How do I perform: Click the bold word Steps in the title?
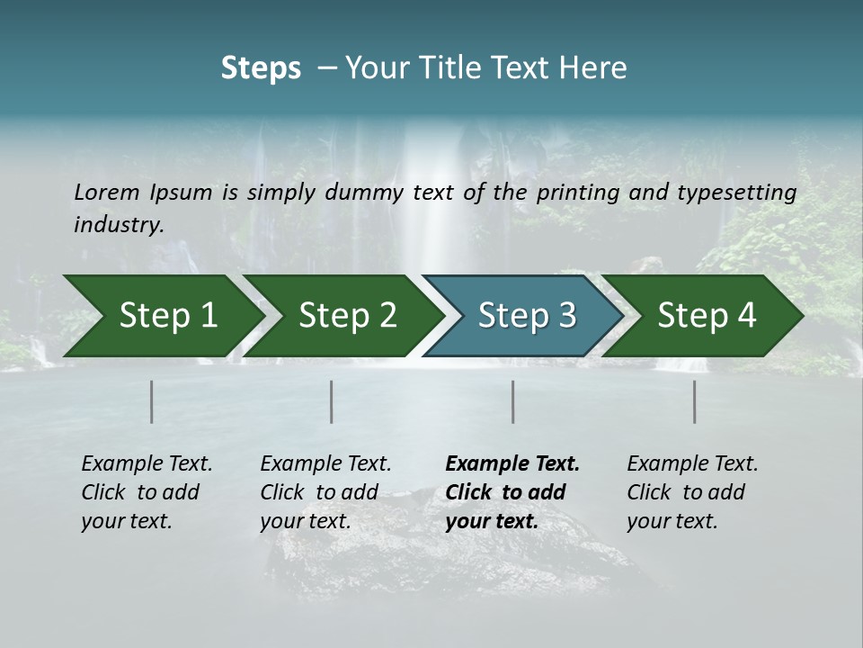coord(261,68)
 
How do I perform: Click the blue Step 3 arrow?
coord(516,316)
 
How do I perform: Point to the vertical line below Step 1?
coord(152,401)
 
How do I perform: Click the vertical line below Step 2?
coord(332,401)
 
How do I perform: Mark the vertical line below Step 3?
coord(512,401)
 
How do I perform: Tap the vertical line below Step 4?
coord(695,401)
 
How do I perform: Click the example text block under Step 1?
coord(147,492)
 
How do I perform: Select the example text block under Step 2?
coord(325,492)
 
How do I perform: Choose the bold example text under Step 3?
coord(512,492)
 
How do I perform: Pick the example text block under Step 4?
coord(692,492)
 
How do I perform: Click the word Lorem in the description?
coord(106,193)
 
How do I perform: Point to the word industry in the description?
coord(118,225)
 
